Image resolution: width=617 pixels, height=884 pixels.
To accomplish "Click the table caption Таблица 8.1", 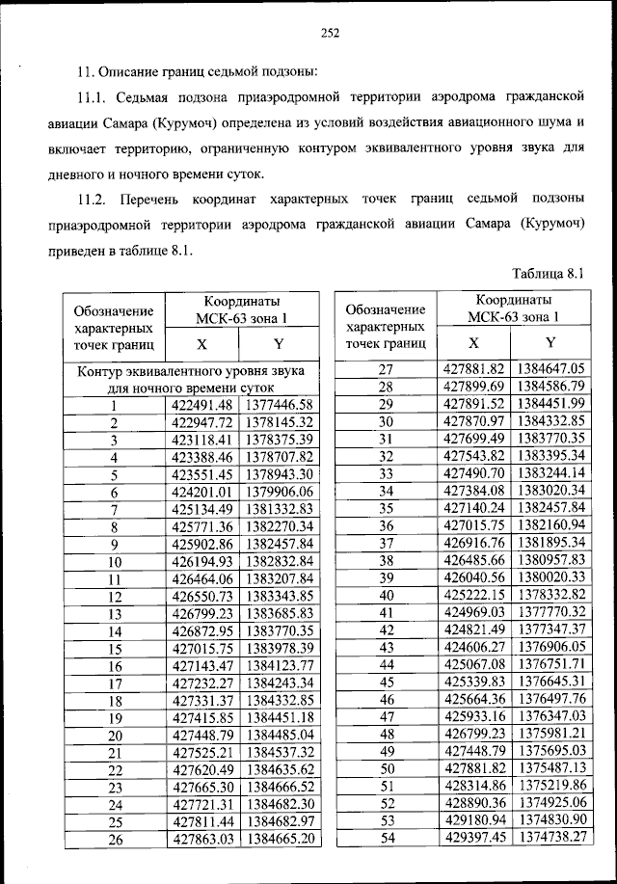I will [550, 273].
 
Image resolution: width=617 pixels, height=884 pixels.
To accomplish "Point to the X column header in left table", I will [201, 343].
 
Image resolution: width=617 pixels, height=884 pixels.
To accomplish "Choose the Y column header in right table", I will [550, 343].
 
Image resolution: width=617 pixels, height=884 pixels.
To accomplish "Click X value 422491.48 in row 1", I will [201, 405].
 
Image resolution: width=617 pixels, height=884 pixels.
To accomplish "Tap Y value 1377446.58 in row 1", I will [280, 405].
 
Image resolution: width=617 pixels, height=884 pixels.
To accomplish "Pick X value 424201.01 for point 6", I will [201, 492].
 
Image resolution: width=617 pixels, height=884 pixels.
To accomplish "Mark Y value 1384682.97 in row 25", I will [280, 821].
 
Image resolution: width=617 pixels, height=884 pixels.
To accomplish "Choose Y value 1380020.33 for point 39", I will [550, 577].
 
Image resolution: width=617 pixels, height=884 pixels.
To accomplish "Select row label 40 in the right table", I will [387, 595].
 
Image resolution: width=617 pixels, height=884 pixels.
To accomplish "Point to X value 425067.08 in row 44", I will [473, 664].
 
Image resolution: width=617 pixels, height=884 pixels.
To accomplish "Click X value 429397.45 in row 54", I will [473, 838].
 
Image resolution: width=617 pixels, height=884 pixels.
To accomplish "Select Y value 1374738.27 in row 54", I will [550, 838].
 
